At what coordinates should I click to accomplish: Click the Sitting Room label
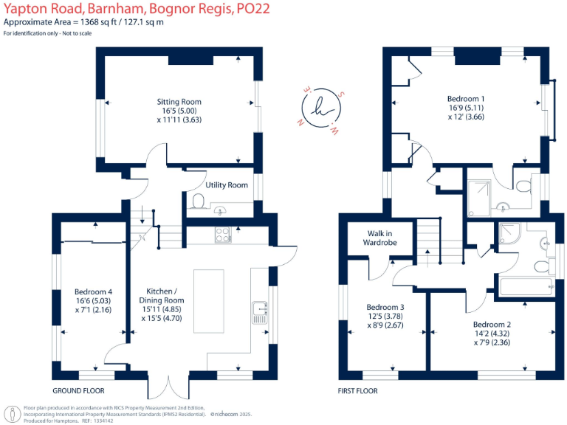(x=179, y=102)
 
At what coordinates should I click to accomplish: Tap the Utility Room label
(x=227, y=185)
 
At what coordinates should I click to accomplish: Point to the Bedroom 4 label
(x=93, y=290)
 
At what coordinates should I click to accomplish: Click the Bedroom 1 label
(x=466, y=98)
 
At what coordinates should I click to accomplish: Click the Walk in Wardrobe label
(x=381, y=238)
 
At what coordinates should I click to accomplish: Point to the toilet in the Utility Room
(x=197, y=200)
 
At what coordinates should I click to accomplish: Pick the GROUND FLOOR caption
(x=78, y=391)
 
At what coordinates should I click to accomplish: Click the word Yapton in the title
(x=27, y=9)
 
